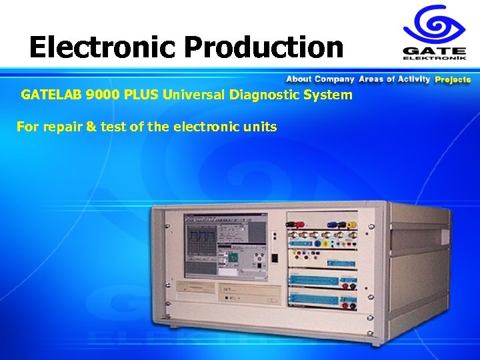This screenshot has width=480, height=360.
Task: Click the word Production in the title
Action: [x=264, y=47]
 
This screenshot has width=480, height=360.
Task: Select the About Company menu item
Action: [x=320, y=79]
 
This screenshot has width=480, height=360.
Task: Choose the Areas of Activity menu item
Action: [x=395, y=79]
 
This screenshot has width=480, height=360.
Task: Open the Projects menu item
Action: [x=453, y=79]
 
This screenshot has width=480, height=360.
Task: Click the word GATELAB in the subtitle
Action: [x=51, y=95]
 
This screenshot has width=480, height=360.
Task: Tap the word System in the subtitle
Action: [x=327, y=95]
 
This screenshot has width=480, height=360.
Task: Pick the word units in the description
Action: [x=260, y=126]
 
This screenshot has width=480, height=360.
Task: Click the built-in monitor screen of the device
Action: [x=225, y=244]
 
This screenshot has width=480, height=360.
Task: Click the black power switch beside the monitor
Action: [x=274, y=257]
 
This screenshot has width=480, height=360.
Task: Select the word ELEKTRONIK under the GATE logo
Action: [x=435, y=58]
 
